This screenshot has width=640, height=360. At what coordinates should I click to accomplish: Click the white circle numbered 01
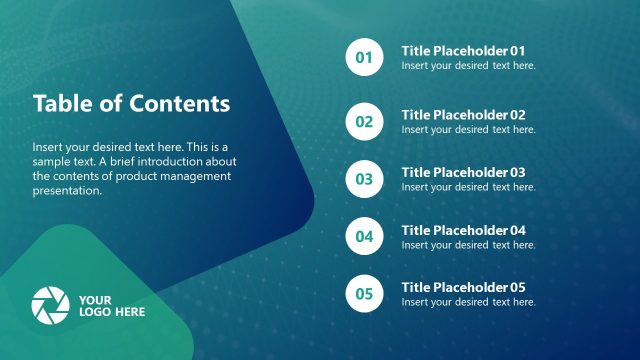coord(363,57)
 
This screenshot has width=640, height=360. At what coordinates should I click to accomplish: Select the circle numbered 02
coord(363,122)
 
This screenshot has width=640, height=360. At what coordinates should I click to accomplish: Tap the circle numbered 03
coord(363,179)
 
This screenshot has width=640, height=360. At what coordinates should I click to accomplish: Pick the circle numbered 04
coord(363,237)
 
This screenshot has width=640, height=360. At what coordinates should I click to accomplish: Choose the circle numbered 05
coord(363,294)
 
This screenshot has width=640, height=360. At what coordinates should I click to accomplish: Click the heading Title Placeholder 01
coord(463,50)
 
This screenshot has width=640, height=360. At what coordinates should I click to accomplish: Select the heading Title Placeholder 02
coord(463,115)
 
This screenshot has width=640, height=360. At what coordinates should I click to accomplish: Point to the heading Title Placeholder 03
coord(463,172)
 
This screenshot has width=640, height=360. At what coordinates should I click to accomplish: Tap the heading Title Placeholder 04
coord(463,230)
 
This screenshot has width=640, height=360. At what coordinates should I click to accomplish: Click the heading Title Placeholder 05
coord(463,287)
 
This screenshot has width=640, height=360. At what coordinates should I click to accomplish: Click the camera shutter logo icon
coord(50,304)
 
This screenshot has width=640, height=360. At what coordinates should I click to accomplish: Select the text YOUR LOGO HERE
coord(111,305)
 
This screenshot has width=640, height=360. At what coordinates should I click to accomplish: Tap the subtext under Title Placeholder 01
coord(468,66)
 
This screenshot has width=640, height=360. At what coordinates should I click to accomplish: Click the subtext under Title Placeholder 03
coord(468,187)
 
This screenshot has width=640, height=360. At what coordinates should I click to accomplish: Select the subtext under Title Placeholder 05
coord(468,302)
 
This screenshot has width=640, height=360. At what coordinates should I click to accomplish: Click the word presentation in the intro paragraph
coord(67,191)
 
